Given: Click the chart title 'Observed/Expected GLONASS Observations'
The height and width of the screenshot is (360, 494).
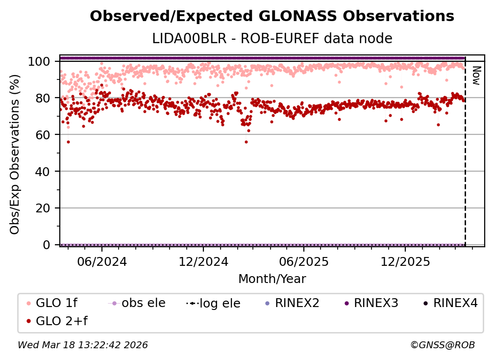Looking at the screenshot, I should (x=272, y=16).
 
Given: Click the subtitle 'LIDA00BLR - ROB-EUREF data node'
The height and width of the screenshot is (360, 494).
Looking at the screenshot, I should (x=272, y=38).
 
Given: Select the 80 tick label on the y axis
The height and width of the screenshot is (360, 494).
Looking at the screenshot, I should (x=43, y=98).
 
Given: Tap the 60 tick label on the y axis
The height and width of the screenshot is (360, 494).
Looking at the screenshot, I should (x=43, y=135).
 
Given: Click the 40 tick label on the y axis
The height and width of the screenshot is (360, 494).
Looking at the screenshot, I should (x=43, y=172).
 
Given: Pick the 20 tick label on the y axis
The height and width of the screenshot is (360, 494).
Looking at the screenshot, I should (x=43, y=208).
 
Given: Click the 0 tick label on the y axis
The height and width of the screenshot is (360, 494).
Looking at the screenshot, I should (x=47, y=245).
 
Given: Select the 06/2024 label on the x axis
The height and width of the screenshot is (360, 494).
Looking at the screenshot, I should (x=101, y=262).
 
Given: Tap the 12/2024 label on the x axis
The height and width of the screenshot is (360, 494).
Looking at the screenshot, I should (x=203, y=262).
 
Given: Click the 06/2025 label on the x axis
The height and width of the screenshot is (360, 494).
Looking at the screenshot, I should (x=303, y=262).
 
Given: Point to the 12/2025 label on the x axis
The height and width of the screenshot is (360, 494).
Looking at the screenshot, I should (x=404, y=262).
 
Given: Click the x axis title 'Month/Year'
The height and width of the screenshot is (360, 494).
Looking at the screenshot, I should (x=272, y=279).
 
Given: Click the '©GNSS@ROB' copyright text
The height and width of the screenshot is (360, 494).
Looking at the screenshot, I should (x=442, y=345).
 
